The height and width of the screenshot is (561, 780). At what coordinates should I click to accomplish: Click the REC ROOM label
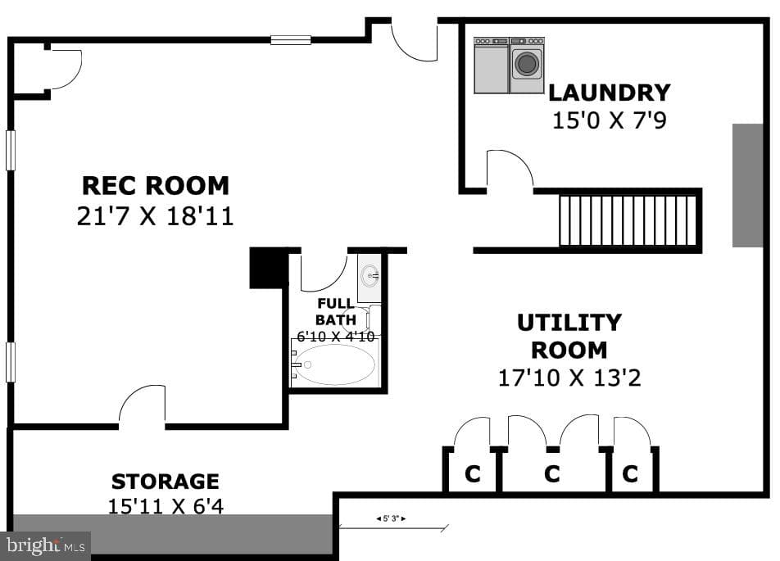point(155,186)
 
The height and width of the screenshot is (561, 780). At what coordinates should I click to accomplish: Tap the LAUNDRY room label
point(610,93)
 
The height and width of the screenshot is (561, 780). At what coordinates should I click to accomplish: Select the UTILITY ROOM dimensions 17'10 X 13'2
point(569,378)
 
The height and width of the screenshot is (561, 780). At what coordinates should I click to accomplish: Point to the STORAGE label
point(166,482)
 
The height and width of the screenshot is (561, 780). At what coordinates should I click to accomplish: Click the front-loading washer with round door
point(527,66)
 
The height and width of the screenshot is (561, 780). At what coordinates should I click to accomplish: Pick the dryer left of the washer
point(492,66)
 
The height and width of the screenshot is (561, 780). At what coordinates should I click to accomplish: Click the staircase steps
point(628,220)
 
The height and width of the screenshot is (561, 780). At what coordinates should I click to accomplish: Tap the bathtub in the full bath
point(334,364)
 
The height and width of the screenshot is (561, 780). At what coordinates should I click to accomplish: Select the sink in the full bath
point(370,275)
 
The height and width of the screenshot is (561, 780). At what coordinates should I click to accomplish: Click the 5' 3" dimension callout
point(391,518)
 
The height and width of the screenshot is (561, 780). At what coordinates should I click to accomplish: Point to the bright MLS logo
point(45,545)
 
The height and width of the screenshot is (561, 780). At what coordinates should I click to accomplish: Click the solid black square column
point(269,268)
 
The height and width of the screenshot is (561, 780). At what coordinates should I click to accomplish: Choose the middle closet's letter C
point(552,473)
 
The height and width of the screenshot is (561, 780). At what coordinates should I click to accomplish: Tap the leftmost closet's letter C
point(473,473)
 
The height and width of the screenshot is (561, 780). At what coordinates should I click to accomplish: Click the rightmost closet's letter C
point(630,473)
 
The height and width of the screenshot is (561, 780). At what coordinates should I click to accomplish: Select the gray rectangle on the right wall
point(748,186)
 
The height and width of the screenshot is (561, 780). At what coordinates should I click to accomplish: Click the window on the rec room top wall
point(291,40)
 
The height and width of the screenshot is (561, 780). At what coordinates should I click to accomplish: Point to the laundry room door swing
point(510,169)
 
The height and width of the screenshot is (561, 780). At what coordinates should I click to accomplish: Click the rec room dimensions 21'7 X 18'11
point(155,216)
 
